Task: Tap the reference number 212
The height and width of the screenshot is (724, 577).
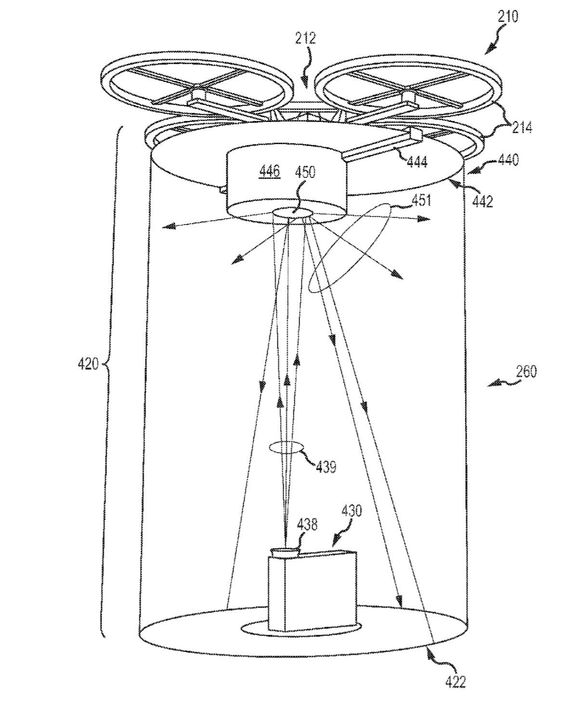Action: [x=306, y=39]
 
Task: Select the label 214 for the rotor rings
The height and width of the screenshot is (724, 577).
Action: [x=522, y=128]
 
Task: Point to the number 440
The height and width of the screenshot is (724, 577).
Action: [x=508, y=160]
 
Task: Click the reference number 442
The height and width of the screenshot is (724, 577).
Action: [x=483, y=201]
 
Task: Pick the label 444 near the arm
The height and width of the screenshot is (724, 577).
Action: [x=417, y=162]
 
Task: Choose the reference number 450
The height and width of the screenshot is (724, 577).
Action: [x=305, y=172]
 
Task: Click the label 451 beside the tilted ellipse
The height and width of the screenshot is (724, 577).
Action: [x=420, y=201]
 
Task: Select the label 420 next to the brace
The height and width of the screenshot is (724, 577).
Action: [x=88, y=363]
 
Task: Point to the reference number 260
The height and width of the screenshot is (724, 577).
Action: [x=526, y=372]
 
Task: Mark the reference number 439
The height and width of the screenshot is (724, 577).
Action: [x=326, y=467]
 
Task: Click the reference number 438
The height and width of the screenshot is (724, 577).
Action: [x=307, y=524]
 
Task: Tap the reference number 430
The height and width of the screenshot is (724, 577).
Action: [x=352, y=510]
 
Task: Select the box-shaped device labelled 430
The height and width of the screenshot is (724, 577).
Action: [x=312, y=592]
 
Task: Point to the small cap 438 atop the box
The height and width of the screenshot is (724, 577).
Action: [x=285, y=552]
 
